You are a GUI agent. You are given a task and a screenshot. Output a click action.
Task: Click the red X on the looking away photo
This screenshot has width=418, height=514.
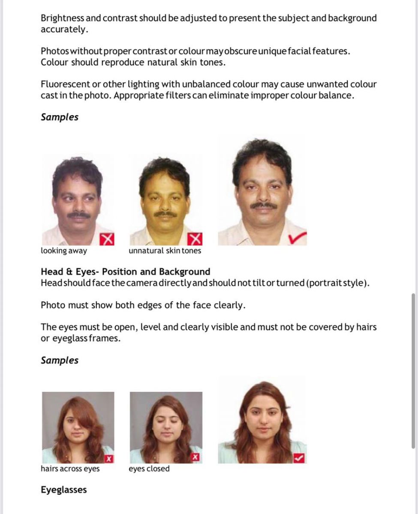[107, 239]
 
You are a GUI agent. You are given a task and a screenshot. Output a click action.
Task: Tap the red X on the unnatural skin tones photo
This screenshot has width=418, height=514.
[195, 239]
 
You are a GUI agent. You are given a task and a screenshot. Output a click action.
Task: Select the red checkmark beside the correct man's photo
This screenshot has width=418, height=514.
[298, 237]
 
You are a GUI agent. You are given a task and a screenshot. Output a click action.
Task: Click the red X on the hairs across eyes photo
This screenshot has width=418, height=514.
[109, 459]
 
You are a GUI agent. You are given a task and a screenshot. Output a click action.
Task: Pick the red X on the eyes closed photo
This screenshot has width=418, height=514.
[195, 458]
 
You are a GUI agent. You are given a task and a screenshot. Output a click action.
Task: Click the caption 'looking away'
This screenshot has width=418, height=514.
[63, 251]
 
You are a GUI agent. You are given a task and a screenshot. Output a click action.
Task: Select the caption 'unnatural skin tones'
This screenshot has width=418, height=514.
[165, 251]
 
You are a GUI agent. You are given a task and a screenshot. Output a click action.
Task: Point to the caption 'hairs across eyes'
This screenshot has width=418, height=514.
[70, 469]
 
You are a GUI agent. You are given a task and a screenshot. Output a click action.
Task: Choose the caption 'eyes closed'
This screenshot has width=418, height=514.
[149, 469]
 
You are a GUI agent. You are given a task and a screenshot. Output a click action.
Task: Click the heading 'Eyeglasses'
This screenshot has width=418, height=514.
[63, 490]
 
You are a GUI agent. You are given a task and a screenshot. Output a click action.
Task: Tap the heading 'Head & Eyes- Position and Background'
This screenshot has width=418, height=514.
[125, 272]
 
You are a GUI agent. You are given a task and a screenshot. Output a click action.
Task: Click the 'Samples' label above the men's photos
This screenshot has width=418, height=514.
[60, 117]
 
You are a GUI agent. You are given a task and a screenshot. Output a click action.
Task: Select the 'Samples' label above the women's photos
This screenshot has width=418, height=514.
[60, 361]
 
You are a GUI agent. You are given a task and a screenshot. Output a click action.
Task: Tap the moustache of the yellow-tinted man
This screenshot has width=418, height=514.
[165, 214]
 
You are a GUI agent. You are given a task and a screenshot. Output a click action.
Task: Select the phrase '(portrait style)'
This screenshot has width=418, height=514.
[337, 284]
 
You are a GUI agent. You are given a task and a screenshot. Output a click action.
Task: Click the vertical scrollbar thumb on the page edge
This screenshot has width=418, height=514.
[413, 371]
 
